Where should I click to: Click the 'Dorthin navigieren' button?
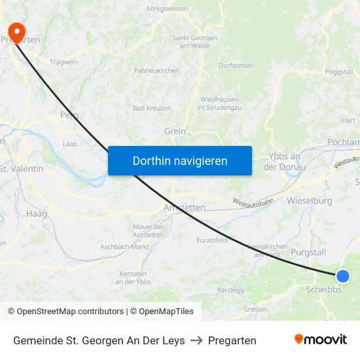[x=180, y=160]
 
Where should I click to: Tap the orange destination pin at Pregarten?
[x=16, y=31]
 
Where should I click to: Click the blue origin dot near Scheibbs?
[x=342, y=276]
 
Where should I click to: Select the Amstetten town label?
[x=184, y=207]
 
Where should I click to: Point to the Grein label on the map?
[x=175, y=131]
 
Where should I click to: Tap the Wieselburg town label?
[x=310, y=200]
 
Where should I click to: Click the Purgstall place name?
[x=308, y=252]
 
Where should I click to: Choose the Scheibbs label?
[x=323, y=289]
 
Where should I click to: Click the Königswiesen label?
[x=166, y=9]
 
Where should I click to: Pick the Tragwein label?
[x=63, y=62]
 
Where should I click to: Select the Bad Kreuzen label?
[x=152, y=108]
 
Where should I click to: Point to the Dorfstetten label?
[x=236, y=65]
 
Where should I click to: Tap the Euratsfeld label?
[x=211, y=240]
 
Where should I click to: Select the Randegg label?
[x=230, y=290]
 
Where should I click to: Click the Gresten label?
[x=255, y=309]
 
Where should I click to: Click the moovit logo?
[x=320, y=340]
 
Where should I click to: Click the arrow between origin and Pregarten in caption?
[x=196, y=340]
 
